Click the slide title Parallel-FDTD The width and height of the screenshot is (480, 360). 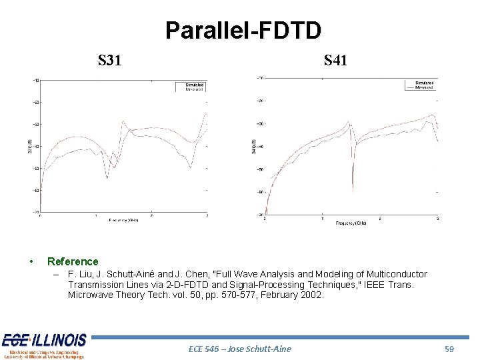pos(243,30)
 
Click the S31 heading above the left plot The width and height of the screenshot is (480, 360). pos(109,61)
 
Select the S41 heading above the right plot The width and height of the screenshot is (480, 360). pos(335,61)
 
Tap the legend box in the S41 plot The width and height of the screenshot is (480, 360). pos(419,85)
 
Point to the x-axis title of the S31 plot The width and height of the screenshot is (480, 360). pos(124,220)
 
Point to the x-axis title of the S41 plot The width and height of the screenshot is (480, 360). pos(351,223)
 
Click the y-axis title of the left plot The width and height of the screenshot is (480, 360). pos(31,147)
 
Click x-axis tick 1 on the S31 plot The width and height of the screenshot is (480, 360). pos(96,216)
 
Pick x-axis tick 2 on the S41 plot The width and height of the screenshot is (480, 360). pos(380,219)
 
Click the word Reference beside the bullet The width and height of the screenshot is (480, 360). pos(73,262)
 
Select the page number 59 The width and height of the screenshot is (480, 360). pos(450,349)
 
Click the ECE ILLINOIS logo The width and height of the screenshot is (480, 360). pos(44,345)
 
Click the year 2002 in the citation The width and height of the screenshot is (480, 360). pos(309,295)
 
